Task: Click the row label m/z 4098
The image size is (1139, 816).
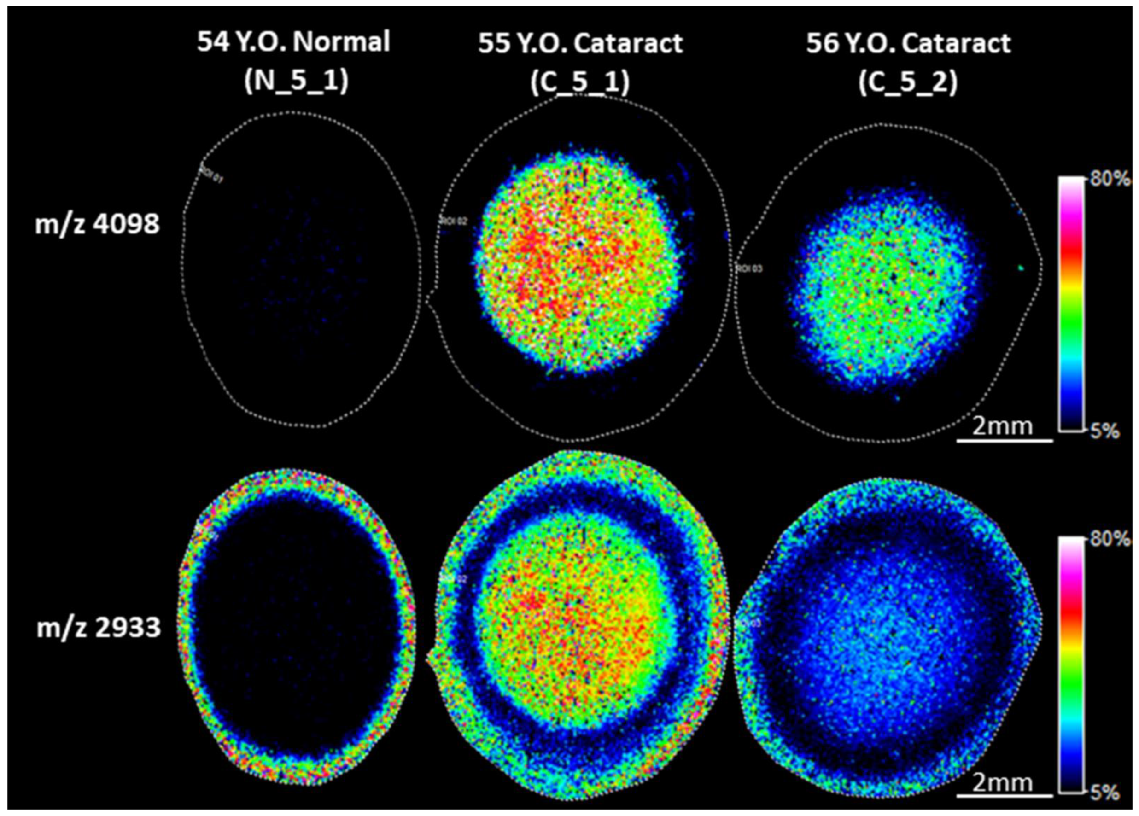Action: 97,224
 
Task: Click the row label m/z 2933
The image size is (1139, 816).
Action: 99,628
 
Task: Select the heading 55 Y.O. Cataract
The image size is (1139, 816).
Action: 580,43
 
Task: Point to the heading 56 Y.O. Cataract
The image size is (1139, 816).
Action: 908,43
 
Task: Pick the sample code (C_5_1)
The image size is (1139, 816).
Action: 580,82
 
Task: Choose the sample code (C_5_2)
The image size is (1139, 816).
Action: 908,82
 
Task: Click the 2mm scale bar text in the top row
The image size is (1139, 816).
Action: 1002,426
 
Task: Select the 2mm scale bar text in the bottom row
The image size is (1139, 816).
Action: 1002,782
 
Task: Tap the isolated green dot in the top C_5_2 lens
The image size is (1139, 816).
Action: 1021,268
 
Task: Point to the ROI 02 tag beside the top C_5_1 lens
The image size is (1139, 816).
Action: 454,221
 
